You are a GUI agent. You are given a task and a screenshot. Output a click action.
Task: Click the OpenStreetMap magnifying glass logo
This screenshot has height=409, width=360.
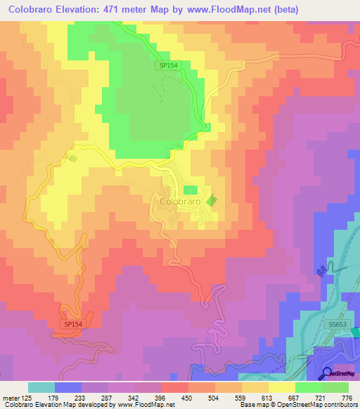click(327, 373)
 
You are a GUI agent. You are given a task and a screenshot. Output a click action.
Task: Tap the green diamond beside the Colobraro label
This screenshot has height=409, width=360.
click(212, 201)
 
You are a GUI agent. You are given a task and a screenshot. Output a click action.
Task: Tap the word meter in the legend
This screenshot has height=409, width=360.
click(9, 397)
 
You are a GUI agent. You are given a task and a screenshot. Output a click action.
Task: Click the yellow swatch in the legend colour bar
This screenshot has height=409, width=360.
click(281, 387)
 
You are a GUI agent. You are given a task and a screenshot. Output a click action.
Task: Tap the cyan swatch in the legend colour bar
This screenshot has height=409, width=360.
click(41, 387)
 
